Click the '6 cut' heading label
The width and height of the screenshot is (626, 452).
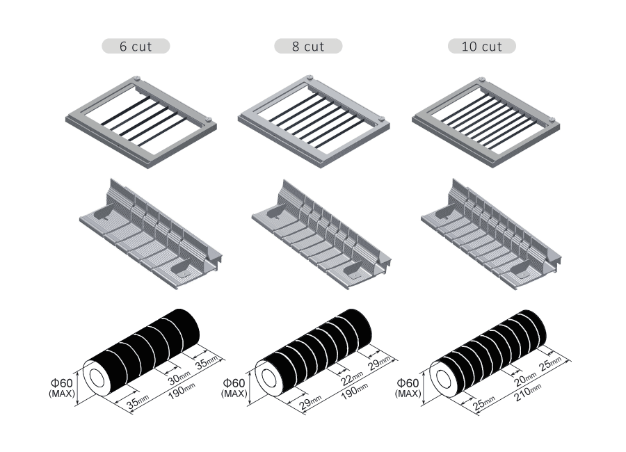136,47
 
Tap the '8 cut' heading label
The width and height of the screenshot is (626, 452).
308,47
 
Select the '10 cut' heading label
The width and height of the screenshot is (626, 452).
482,47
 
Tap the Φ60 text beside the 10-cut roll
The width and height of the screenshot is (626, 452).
408,383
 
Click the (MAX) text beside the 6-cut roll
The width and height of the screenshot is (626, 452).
61,394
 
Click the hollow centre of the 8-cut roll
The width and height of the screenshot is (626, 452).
266,378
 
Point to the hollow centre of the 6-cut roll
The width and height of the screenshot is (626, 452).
95,378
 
